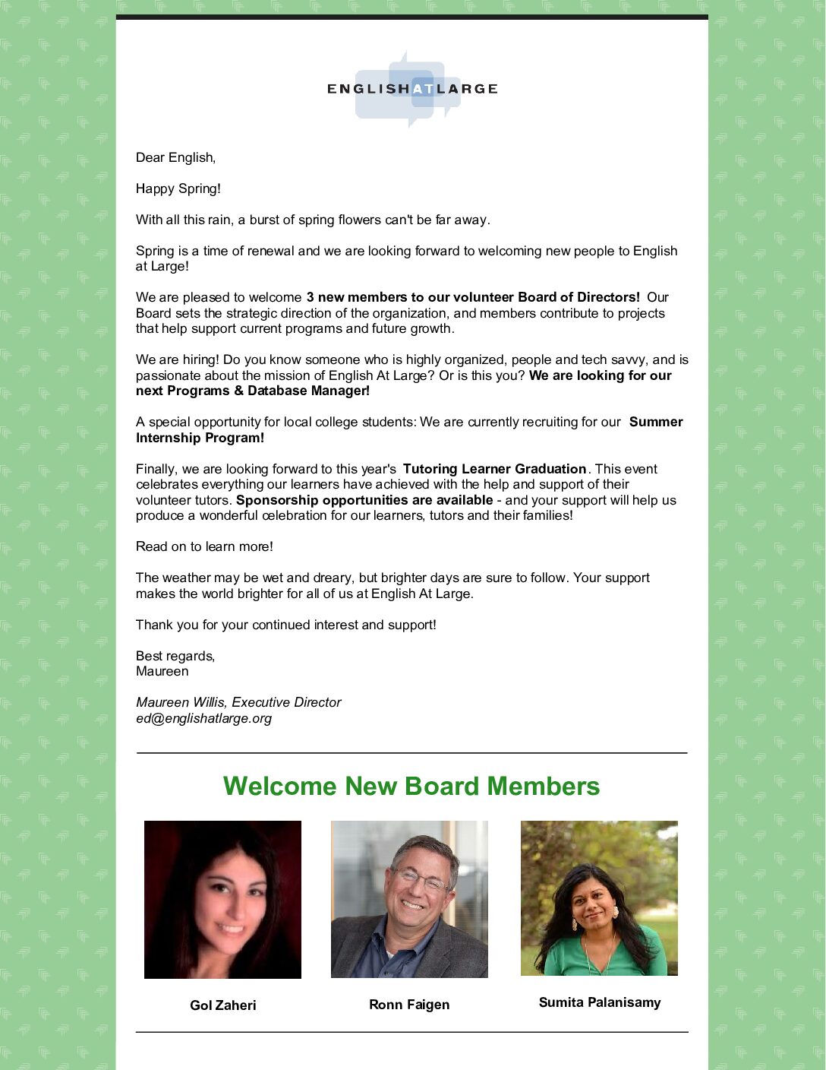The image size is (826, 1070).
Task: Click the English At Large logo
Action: click(x=412, y=89)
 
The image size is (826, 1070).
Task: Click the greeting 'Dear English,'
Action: click(x=175, y=157)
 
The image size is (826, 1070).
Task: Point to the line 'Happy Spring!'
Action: click(x=178, y=188)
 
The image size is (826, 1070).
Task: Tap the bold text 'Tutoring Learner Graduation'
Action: click(x=494, y=469)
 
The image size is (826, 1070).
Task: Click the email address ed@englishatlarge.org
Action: click(x=203, y=718)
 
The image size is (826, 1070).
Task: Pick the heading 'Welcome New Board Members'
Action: click(x=411, y=786)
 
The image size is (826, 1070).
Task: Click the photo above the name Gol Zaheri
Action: click(x=222, y=899)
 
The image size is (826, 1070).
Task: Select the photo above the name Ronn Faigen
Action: click(x=409, y=899)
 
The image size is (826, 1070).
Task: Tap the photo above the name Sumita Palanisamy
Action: click(x=599, y=897)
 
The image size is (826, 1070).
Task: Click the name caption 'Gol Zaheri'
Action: click(x=223, y=1005)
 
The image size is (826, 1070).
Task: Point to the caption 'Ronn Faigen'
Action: click(x=409, y=1005)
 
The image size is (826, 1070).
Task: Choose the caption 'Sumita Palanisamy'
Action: click(x=600, y=1002)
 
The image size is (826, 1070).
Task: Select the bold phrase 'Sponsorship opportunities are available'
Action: click(x=364, y=500)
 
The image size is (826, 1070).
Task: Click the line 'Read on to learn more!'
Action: click(x=204, y=546)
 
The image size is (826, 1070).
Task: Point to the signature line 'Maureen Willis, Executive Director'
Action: click(x=238, y=702)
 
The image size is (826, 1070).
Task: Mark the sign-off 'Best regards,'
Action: click(x=175, y=656)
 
